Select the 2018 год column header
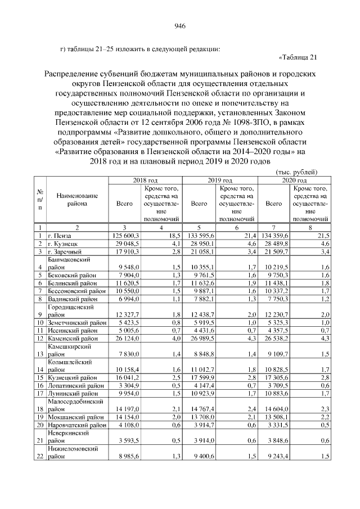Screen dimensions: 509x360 pyautogui.click(x=145, y=180)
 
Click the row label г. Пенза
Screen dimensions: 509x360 pyautogui.click(x=60, y=235)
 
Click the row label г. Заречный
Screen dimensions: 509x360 pyautogui.click(x=65, y=251)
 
